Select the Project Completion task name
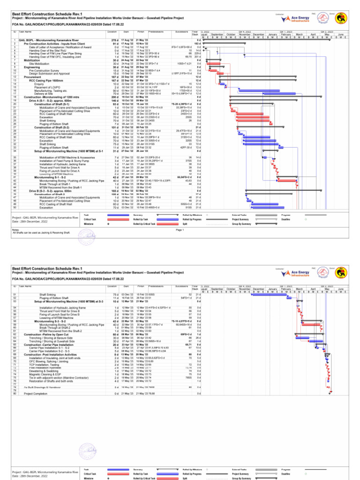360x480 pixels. (x=39, y=407)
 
